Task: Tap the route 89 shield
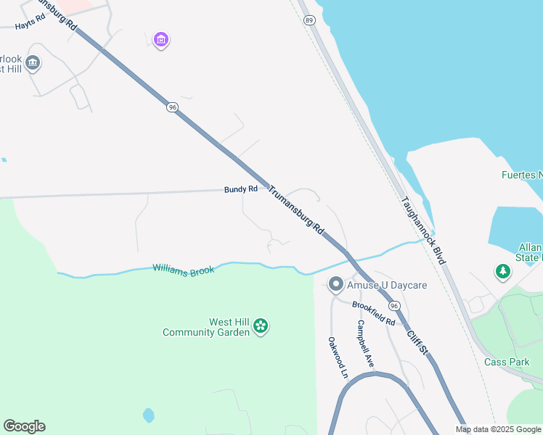[x=310, y=21]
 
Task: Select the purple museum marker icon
[x=161, y=39]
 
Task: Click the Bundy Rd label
[x=240, y=189]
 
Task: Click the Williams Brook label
[x=183, y=270]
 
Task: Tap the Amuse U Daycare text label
[x=386, y=285]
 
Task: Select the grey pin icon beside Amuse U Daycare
[x=335, y=284]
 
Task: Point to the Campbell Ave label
[x=365, y=343]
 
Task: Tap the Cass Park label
[x=502, y=361]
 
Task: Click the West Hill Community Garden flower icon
[x=261, y=328]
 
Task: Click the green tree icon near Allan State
[x=502, y=272]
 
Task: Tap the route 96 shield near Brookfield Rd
[x=394, y=307]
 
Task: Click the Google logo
[x=24, y=426]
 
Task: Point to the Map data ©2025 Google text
[x=498, y=429]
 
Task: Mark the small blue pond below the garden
[x=149, y=415]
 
